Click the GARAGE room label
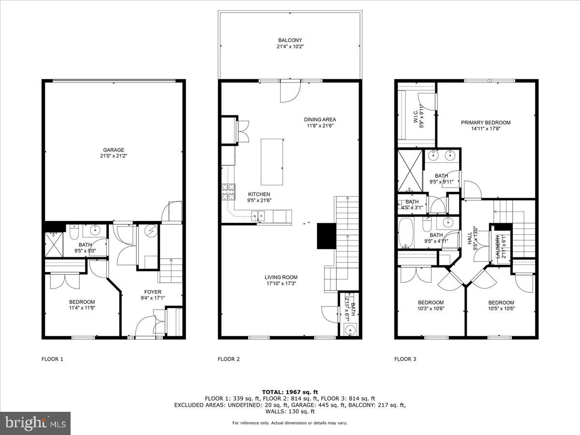pos(113,150)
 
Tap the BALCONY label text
pos(290,40)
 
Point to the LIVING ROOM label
pos(280,277)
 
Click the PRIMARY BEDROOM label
pos(485,122)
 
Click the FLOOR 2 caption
pos(229,359)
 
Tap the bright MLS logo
pos(35,423)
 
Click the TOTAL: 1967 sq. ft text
pos(290,392)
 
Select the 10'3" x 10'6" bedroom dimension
pos(430,309)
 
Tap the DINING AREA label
pos(319,119)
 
